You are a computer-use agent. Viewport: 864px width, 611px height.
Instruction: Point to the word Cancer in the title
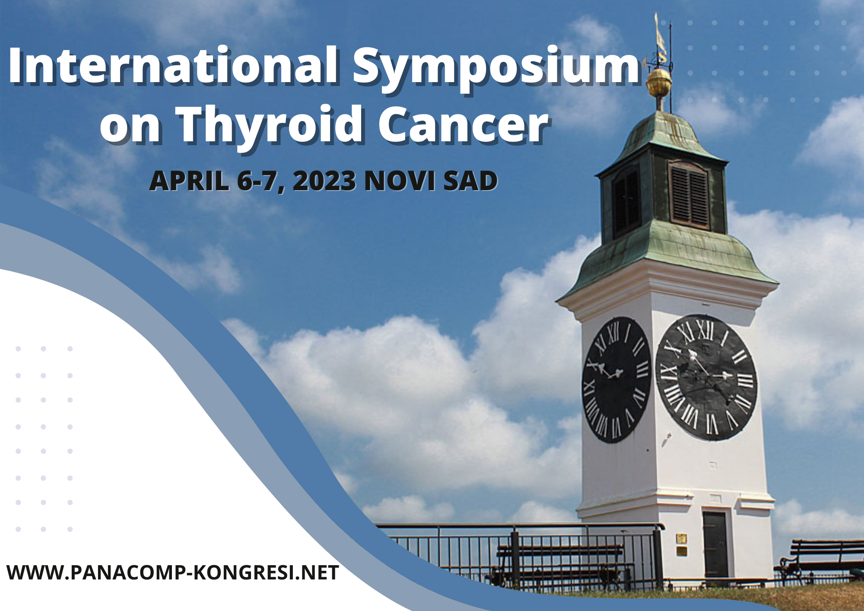pyautogui.click(x=463, y=125)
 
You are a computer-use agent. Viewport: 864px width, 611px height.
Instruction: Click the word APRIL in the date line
pyautogui.click(x=189, y=181)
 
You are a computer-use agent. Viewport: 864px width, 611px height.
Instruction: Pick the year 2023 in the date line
pyautogui.click(x=324, y=181)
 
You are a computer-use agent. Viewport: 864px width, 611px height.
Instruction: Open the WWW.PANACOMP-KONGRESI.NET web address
pyautogui.click(x=173, y=573)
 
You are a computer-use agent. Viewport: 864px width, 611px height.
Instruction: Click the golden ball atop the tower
pyautogui.click(x=659, y=82)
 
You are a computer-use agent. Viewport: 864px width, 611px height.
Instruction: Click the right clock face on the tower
pyautogui.click(x=706, y=377)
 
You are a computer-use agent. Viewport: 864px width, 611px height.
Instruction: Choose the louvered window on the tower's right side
pyautogui.click(x=689, y=194)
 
